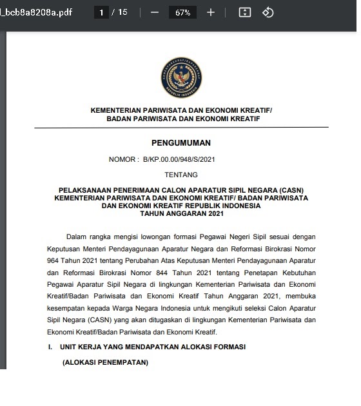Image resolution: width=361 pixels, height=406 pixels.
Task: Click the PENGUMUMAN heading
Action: (x=181, y=143)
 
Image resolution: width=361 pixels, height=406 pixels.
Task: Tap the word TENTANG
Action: (x=181, y=174)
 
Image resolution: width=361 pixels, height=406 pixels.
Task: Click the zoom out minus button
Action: (x=154, y=12)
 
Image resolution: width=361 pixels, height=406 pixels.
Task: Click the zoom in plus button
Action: (x=211, y=12)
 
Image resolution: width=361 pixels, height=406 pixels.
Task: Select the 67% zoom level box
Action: (x=182, y=13)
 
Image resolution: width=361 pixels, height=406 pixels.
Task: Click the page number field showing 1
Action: (x=101, y=12)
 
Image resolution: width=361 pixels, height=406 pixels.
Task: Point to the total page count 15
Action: (x=122, y=12)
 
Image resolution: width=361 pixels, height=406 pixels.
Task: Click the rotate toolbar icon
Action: (x=269, y=12)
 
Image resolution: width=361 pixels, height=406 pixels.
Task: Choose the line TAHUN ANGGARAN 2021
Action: (x=181, y=214)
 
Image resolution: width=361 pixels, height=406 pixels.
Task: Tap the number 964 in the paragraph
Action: (x=56, y=261)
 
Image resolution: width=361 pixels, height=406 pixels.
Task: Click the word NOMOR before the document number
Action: (x=122, y=159)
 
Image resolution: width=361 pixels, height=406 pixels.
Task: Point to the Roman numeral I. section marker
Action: (x=50, y=347)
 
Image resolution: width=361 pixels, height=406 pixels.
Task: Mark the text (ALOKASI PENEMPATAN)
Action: (x=105, y=363)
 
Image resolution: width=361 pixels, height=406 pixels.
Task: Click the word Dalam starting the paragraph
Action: (x=77, y=237)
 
